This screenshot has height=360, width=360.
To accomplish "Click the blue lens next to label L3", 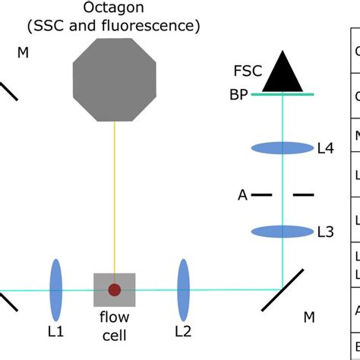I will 282,231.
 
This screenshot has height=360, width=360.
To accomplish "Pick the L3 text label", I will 325,232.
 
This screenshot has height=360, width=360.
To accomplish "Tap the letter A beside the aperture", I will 243,195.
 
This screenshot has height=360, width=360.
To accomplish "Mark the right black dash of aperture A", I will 303,195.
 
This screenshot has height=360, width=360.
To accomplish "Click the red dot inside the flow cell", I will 115,289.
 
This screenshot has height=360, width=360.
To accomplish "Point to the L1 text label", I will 55,331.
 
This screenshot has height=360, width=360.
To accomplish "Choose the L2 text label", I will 183,331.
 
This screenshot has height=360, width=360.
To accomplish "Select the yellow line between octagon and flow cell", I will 115,197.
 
